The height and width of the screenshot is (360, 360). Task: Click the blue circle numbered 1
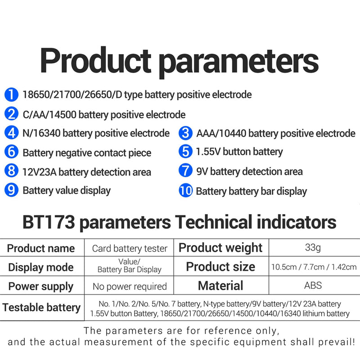click(x=11, y=95)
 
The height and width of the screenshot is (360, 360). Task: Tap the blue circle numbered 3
click(x=185, y=133)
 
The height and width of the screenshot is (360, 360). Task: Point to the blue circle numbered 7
click(x=185, y=171)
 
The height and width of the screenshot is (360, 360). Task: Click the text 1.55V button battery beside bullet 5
click(x=239, y=152)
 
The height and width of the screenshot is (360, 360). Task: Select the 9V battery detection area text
click(x=249, y=171)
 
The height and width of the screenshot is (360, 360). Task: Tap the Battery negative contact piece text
click(x=87, y=153)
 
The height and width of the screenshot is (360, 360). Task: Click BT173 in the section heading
click(x=48, y=222)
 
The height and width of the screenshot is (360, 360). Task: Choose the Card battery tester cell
click(x=130, y=248)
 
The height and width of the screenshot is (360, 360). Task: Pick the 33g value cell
click(x=313, y=247)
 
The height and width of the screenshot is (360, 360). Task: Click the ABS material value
click(x=313, y=285)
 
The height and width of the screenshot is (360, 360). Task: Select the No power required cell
click(x=130, y=287)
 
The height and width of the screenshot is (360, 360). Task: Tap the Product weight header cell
click(x=220, y=248)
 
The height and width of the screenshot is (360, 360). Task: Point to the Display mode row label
click(x=40, y=267)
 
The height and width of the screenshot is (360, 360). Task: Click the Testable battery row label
click(x=41, y=308)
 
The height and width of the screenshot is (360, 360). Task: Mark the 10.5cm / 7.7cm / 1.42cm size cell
click(x=313, y=267)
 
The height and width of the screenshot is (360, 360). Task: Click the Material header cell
click(x=220, y=285)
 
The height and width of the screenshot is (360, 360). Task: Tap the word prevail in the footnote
click(x=338, y=342)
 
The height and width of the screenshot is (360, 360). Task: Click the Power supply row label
click(x=40, y=287)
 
